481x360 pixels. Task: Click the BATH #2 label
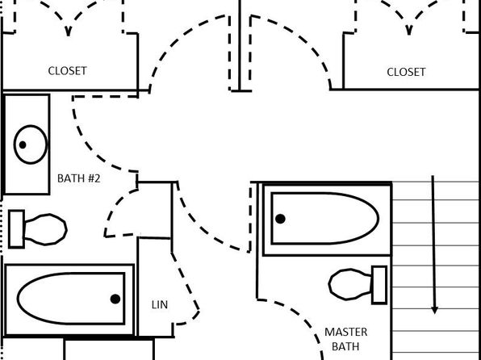pyautogui.click(x=79, y=178)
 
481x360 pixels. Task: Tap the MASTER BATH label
pyautogui.click(x=345, y=339)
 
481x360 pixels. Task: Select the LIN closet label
pyautogui.click(x=160, y=305)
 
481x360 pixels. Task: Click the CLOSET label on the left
pyautogui.click(x=68, y=71)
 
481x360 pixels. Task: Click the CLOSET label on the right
pyautogui.click(x=406, y=72)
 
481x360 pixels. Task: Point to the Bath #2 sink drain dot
pyautogui.click(x=23, y=144)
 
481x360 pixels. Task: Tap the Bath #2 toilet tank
pyautogui.click(x=17, y=229)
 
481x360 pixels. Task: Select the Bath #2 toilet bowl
pyautogui.click(x=45, y=229)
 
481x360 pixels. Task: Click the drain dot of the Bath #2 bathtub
pyautogui.click(x=115, y=299)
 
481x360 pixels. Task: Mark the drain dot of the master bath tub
pyautogui.click(x=280, y=219)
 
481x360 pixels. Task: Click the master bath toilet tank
pyautogui.click(x=379, y=285)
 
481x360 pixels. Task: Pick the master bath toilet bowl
pyautogui.click(x=350, y=284)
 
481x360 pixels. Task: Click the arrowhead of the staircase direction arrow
pyautogui.click(x=434, y=310)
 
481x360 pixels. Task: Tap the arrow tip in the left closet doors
pyautogui.click(x=68, y=31)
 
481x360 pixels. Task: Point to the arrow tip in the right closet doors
pyautogui.click(x=408, y=31)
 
